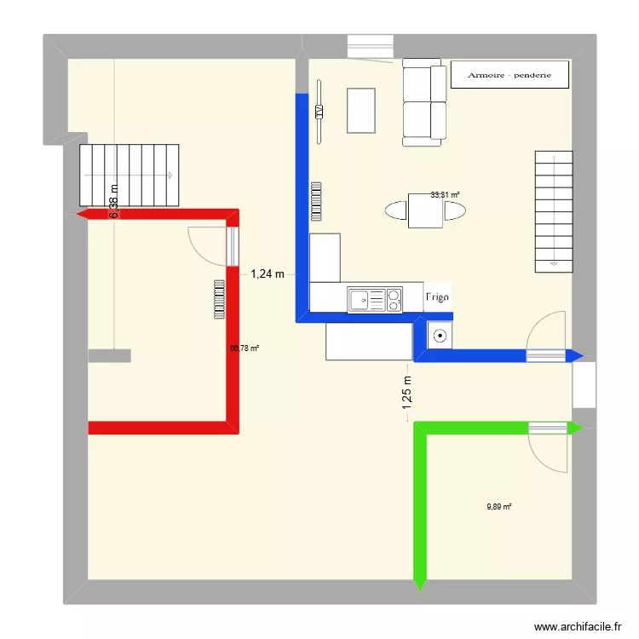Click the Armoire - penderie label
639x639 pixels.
(x=509, y=75)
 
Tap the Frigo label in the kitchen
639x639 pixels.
(x=437, y=297)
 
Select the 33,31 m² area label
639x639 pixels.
(x=445, y=195)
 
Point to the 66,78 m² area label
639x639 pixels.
(x=245, y=348)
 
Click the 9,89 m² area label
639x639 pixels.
(x=499, y=507)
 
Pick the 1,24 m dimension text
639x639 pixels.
(x=267, y=274)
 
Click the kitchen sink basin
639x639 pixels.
(x=361, y=299)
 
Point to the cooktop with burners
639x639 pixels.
(x=394, y=299)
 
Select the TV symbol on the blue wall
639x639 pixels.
(x=319, y=111)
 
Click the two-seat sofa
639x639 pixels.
(x=423, y=100)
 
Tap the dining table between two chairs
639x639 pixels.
(x=425, y=210)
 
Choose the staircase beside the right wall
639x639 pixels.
(x=553, y=210)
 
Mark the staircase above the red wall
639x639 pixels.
(x=130, y=176)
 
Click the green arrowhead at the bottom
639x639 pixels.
(x=418, y=583)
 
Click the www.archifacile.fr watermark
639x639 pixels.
(x=579, y=627)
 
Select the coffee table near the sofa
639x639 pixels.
(x=361, y=110)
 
